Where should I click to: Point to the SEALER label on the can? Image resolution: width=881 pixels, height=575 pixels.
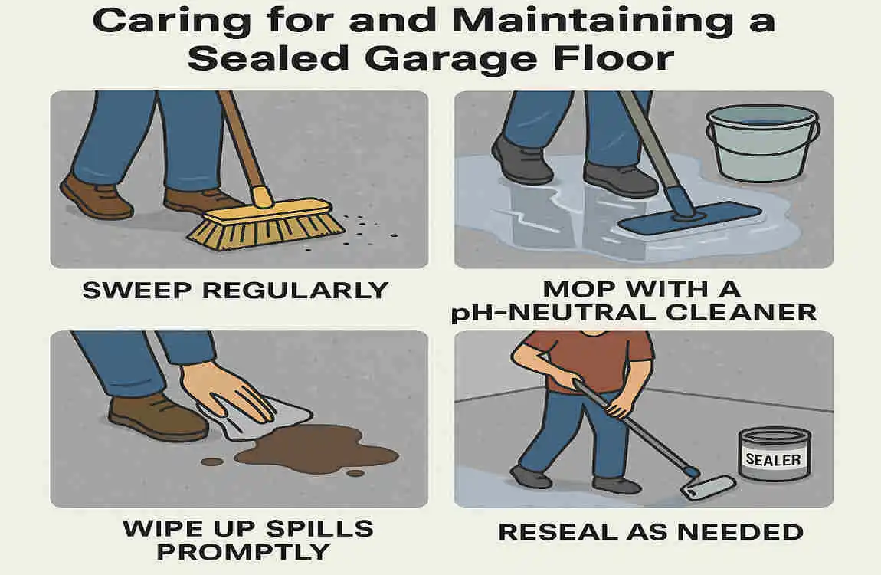point(774,460)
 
